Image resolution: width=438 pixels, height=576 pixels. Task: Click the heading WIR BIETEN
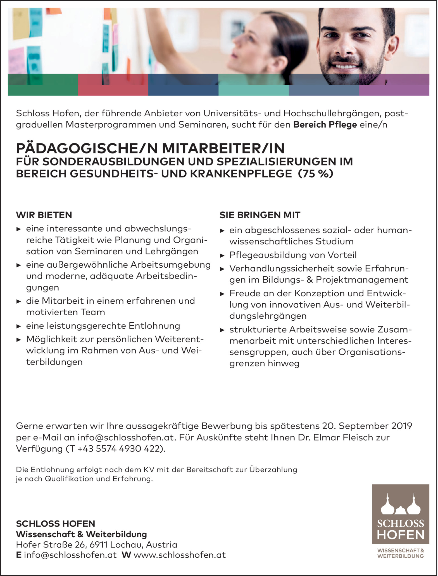pos(44,215)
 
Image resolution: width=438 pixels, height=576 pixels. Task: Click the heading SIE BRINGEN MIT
pos(260,215)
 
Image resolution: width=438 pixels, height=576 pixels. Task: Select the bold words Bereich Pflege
pos(325,124)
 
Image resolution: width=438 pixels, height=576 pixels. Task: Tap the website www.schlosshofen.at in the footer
pos(180,555)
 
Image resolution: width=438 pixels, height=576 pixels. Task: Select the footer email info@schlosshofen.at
pos(70,555)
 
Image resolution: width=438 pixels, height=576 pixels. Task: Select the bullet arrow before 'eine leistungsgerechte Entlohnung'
pos(19,326)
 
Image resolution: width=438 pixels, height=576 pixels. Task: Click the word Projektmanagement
pos(362,280)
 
